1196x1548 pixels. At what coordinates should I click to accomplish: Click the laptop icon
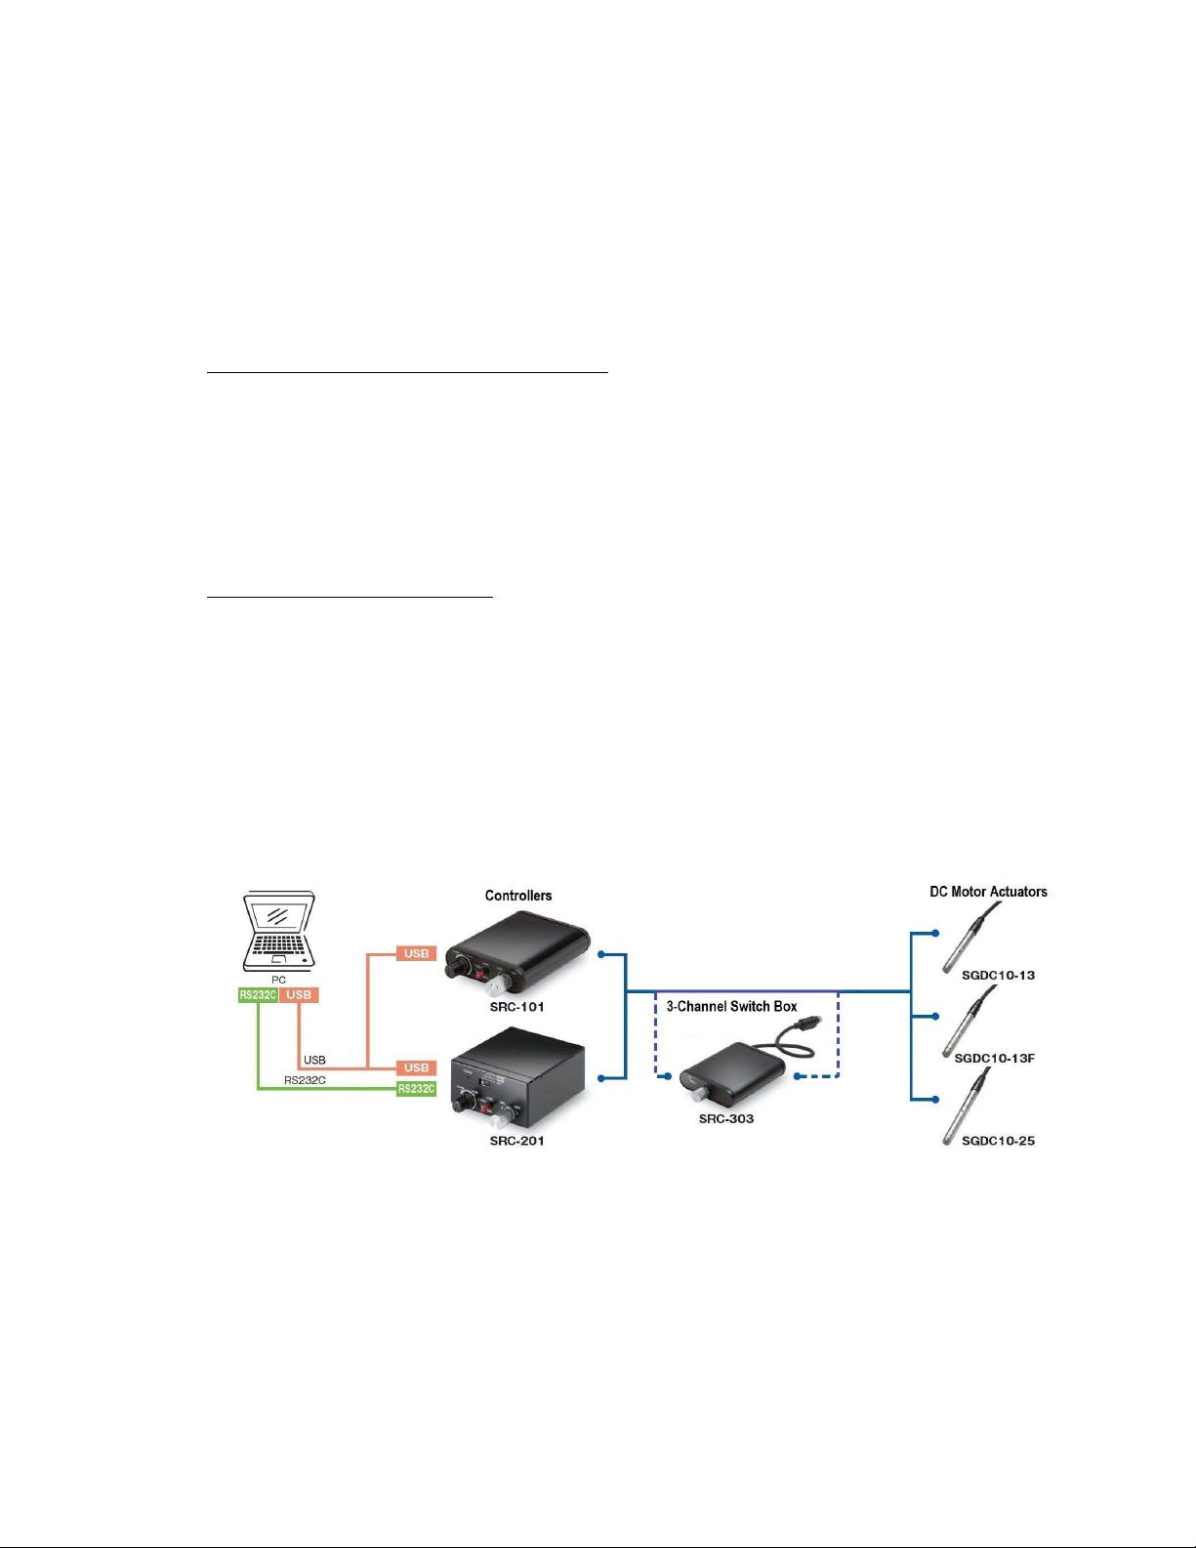[x=279, y=930]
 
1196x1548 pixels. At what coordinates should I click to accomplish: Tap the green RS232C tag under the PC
[x=258, y=995]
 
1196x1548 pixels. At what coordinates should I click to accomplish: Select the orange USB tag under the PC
[x=299, y=995]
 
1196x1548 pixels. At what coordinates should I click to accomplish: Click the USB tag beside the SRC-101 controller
[x=416, y=953]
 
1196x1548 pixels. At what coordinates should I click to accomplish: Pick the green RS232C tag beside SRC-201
[x=416, y=1089]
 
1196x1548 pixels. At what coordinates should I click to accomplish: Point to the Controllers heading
[x=518, y=896]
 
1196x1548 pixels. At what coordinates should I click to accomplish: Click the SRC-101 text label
[x=516, y=1007]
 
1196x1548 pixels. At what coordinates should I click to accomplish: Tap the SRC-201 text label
[x=516, y=1141]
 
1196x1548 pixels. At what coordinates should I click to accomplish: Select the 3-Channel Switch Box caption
[x=731, y=1006]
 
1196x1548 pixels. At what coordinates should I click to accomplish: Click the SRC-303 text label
[x=726, y=1119]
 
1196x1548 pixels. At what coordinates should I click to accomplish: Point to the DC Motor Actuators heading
[x=988, y=892]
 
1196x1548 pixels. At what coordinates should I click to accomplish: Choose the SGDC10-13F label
[x=994, y=1058]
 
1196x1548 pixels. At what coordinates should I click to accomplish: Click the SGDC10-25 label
[x=998, y=1141]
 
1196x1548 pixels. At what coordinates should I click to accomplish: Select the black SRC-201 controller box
[x=517, y=1079]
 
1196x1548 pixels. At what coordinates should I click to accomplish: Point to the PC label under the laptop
[x=279, y=980]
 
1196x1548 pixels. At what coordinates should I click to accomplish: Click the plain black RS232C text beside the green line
[x=305, y=1080]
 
